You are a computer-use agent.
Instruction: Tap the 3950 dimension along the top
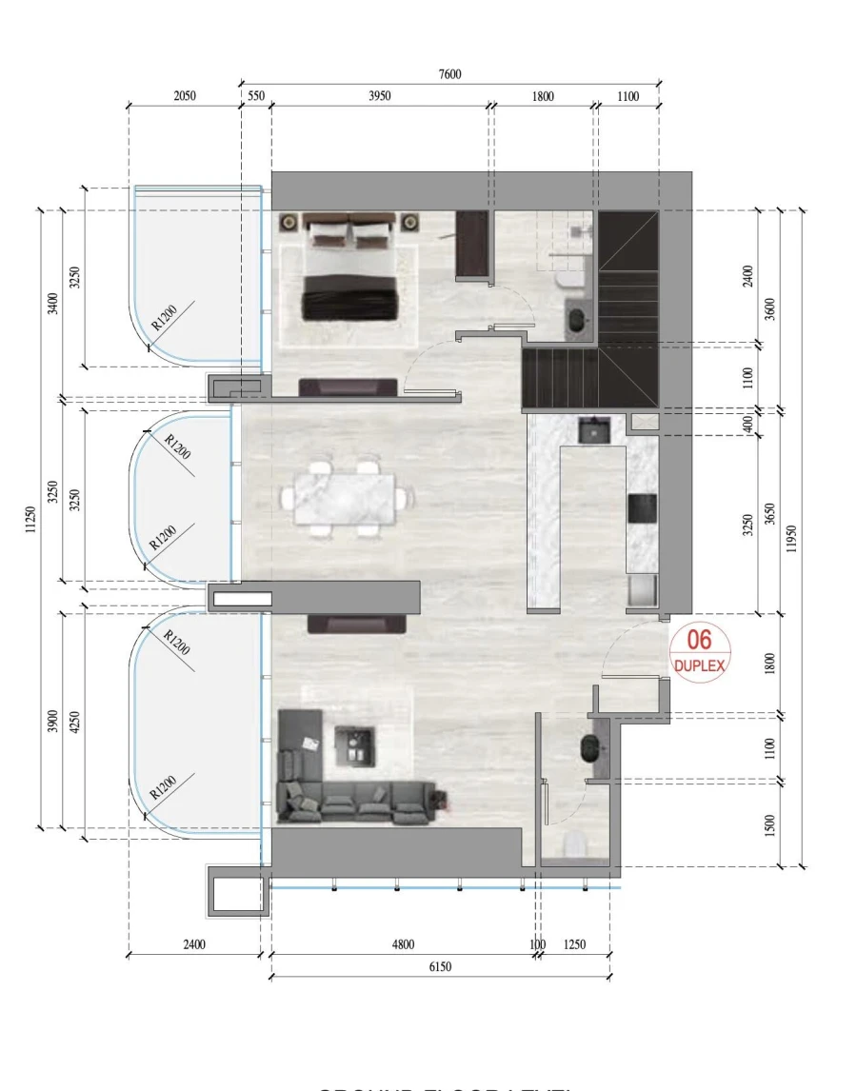pos(380,96)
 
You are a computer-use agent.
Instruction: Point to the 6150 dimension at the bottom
pos(439,967)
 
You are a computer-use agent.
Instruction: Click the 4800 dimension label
pos(403,945)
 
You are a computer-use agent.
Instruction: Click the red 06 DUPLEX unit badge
pos(700,651)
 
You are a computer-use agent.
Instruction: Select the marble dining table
pos(345,497)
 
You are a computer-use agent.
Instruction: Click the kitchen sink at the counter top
pos(595,430)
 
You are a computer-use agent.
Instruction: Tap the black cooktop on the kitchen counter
pos(642,508)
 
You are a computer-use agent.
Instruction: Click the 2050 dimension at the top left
pos(185,96)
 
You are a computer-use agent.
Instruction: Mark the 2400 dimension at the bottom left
pos(193,945)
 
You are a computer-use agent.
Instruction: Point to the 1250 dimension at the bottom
pos(573,945)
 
